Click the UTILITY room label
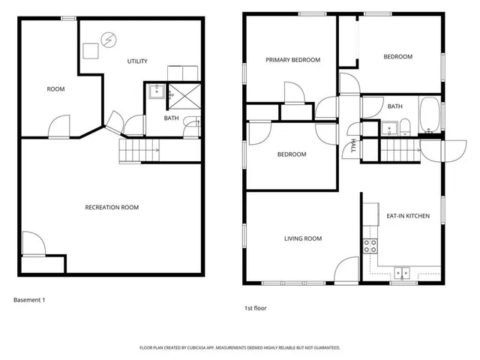[x=137, y=61]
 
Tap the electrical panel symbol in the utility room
[x=111, y=40]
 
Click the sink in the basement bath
[x=156, y=92]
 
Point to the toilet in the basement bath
[x=192, y=124]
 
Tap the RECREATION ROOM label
[x=112, y=207]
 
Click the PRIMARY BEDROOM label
[x=293, y=60]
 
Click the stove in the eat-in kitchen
[x=370, y=247]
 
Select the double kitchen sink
[x=402, y=273]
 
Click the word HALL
[x=352, y=145]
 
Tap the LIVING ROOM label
[x=303, y=238]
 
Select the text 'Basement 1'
[x=30, y=300]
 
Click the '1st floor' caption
[x=255, y=307]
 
